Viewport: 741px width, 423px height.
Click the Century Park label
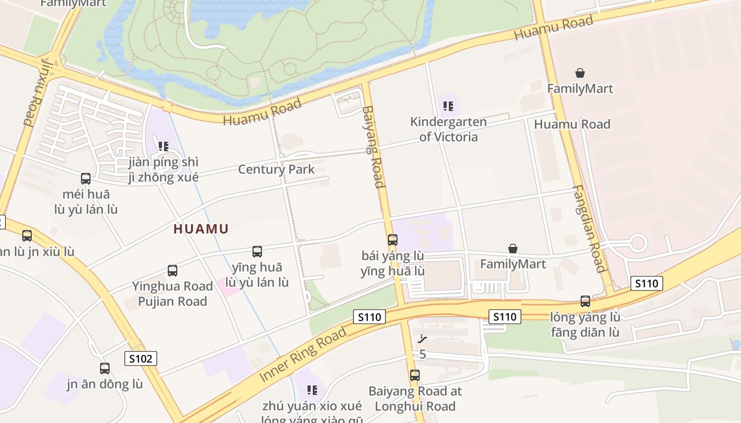click(x=276, y=170)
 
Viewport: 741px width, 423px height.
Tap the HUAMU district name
click(x=201, y=229)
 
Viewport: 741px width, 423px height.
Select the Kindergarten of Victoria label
click(x=448, y=130)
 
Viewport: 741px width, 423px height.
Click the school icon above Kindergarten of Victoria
click(x=448, y=106)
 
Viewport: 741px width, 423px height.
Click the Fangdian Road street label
click(x=589, y=228)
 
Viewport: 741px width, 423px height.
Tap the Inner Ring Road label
click(x=303, y=354)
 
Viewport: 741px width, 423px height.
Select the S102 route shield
click(x=141, y=358)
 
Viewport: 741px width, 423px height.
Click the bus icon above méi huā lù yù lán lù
click(x=86, y=179)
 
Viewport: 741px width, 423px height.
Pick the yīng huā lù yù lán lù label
click(x=257, y=275)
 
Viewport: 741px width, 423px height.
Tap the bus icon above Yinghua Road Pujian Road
click(x=173, y=271)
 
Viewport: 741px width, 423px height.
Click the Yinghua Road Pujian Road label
click(x=173, y=294)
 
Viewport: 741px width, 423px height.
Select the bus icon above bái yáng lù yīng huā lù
click(x=393, y=240)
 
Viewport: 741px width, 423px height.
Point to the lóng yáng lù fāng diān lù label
click(x=585, y=325)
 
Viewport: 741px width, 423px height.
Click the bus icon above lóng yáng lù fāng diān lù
click(x=585, y=301)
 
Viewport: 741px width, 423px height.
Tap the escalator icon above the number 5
click(x=422, y=338)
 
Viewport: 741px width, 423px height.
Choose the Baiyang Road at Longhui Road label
click(x=415, y=399)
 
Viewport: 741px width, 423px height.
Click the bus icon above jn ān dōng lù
click(x=105, y=369)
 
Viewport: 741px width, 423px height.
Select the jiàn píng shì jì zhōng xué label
click(x=164, y=170)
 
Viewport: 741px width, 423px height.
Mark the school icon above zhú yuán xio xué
click(x=312, y=390)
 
